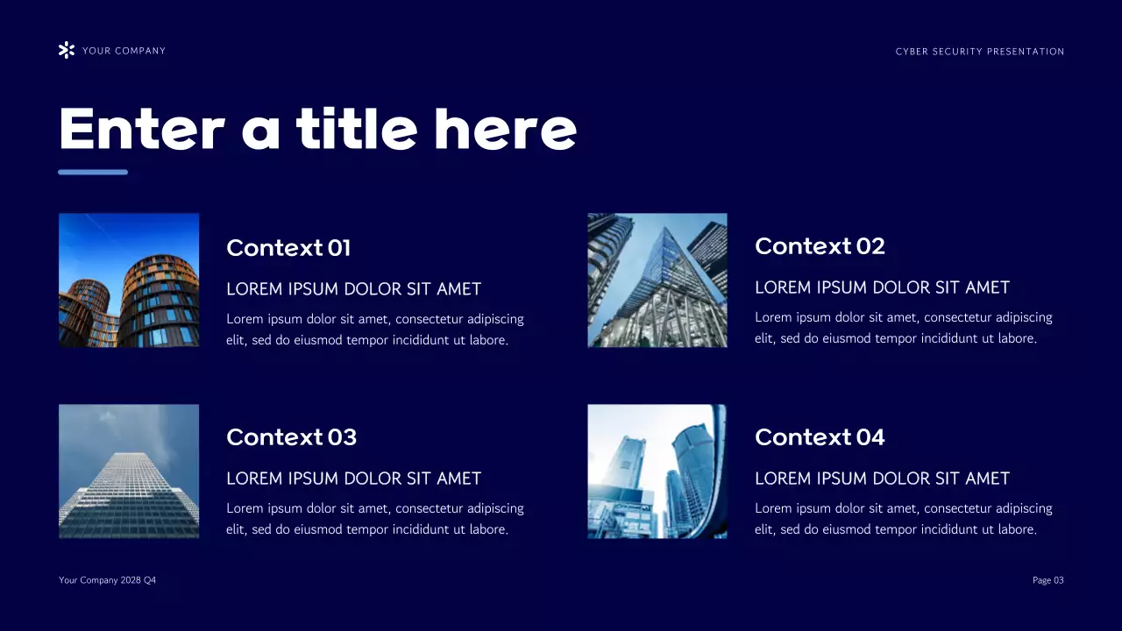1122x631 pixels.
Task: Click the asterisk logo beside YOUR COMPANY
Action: click(x=66, y=50)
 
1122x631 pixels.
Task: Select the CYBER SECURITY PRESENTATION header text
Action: click(x=980, y=52)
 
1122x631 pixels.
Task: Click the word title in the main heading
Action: click(x=356, y=129)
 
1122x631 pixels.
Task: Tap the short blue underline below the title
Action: click(x=93, y=172)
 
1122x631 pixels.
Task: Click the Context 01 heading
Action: click(x=288, y=248)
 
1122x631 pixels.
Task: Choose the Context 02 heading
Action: click(x=820, y=246)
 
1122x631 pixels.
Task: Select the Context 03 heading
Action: click(x=291, y=437)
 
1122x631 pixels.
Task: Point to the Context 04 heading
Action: click(x=820, y=437)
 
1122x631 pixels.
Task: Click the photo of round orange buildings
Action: click(x=129, y=280)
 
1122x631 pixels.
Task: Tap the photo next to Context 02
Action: click(x=657, y=280)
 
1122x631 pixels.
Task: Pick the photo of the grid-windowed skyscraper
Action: click(x=129, y=471)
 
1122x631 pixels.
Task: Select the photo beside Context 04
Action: click(x=657, y=471)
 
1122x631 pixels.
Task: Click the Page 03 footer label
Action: click(x=1047, y=580)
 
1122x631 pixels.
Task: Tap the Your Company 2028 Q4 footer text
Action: click(x=107, y=580)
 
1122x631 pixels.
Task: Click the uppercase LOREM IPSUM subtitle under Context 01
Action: click(x=353, y=289)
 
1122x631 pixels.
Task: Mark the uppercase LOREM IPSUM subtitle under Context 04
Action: click(x=882, y=479)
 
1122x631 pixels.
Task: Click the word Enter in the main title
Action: click(x=141, y=129)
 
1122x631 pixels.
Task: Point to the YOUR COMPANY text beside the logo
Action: click(x=124, y=51)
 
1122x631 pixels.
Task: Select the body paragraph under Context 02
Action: click(x=903, y=328)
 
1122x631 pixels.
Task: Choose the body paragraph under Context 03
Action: click(x=374, y=519)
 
